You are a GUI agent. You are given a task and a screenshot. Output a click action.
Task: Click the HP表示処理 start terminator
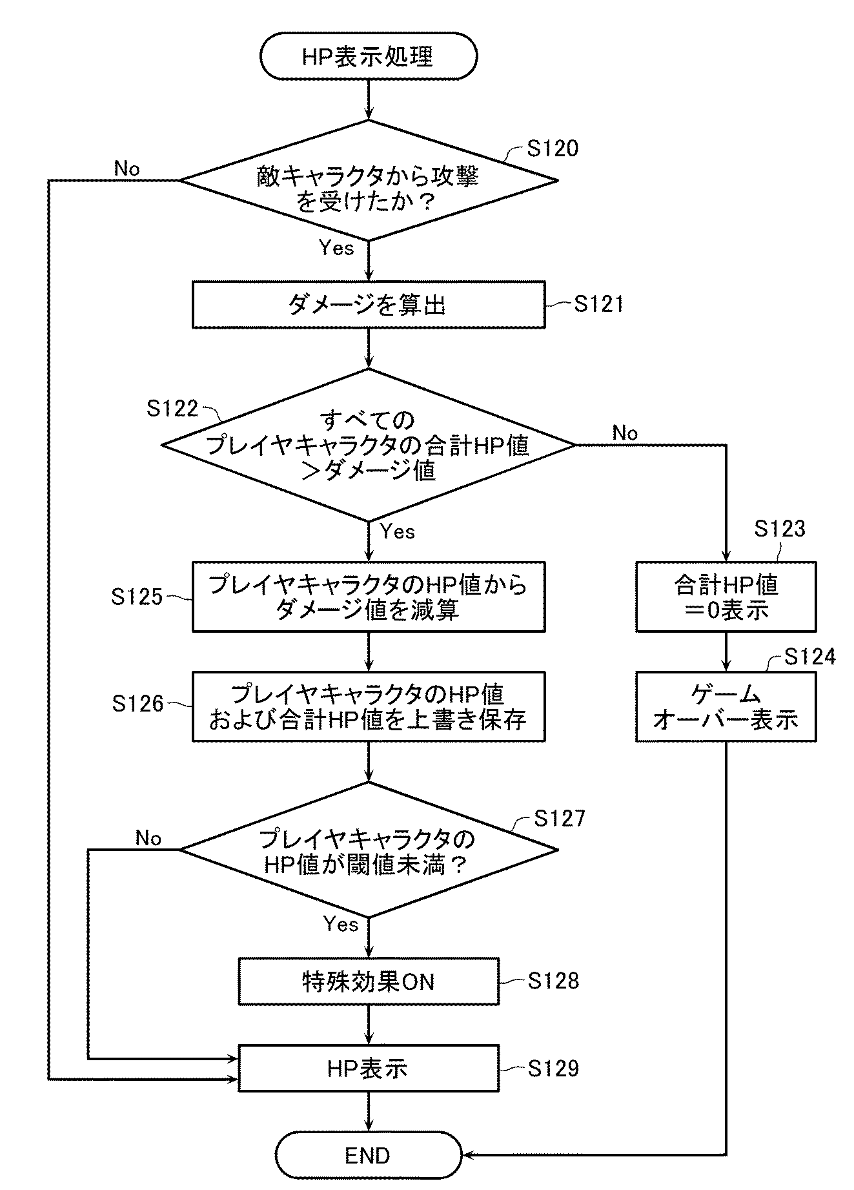click(x=368, y=56)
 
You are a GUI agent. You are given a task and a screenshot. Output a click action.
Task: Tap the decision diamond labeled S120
click(x=369, y=180)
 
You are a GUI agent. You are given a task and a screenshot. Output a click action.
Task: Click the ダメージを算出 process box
click(x=368, y=304)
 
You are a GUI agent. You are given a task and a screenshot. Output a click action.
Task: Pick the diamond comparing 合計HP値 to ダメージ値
click(x=368, y=445)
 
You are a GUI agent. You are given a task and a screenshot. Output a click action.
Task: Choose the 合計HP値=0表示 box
click(x=726, y=597)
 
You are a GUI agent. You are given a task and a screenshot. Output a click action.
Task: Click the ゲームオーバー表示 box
click(x=726, y=706)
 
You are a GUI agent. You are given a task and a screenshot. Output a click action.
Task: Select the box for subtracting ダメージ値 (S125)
click(x=368, y=597)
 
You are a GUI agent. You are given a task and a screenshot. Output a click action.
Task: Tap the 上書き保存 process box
click(x=368, y=706)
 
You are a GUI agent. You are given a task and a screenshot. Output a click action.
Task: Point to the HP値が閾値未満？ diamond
click(x=369, y=850)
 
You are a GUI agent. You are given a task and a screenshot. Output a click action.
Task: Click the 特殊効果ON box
click(x=369, y=981)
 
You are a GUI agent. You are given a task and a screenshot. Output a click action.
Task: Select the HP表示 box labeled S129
click(x=369, y=1069)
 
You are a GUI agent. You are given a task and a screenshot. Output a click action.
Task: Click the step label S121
click(x=599, y=304)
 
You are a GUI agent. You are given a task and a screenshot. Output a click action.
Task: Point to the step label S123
click(x=780, y=529)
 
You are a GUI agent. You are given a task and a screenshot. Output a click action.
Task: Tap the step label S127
click(x=560, y=818)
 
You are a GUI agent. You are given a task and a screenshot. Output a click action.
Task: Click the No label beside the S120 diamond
click(x=127, y=169)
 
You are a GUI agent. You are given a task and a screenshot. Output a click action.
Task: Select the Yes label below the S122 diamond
click(x=398, y=531)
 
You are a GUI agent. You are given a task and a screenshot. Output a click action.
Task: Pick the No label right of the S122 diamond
click(x=625, y=433)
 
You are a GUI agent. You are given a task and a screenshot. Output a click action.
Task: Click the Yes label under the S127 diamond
click(x=341, y=924)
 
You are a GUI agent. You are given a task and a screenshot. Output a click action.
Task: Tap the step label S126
click(x=137, y=704)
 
